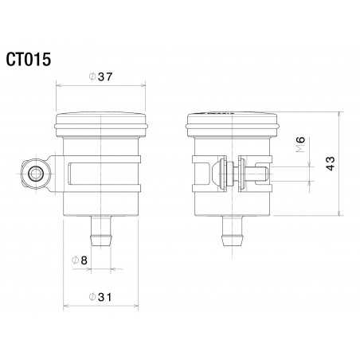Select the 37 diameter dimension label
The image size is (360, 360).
[104, 76]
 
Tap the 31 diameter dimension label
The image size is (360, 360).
[104, 296]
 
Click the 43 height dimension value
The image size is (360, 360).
[331, 163]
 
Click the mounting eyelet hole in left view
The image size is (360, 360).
[35, 174]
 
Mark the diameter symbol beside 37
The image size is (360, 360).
[92, 76]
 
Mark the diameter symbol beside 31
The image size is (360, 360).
[92, 296]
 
